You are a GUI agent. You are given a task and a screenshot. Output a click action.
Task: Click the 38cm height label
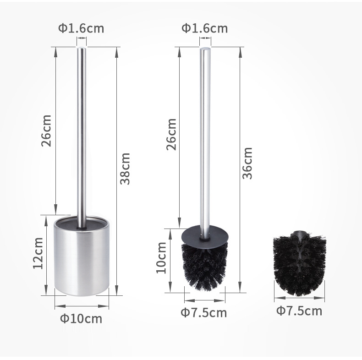(x=125, y=169)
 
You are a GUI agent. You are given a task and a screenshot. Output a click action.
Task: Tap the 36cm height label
(x=247, y=163)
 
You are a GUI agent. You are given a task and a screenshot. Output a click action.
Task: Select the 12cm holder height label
(x=38, y=253)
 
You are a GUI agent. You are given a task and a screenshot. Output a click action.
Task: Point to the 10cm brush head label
(x=161, y=257)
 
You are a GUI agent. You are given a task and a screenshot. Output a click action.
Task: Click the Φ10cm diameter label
(x=81, y=319)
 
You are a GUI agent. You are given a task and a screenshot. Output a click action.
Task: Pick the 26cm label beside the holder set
(x=46, y=131)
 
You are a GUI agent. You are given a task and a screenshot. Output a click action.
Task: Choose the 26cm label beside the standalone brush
(x=171, y=134)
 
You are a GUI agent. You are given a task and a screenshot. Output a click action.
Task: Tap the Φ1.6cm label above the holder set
(x=81, y=28)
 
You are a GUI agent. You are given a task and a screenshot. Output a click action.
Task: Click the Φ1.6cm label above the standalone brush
(x=204, y=28)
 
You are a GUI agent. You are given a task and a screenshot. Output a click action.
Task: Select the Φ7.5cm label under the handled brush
(x=203, y=313)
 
